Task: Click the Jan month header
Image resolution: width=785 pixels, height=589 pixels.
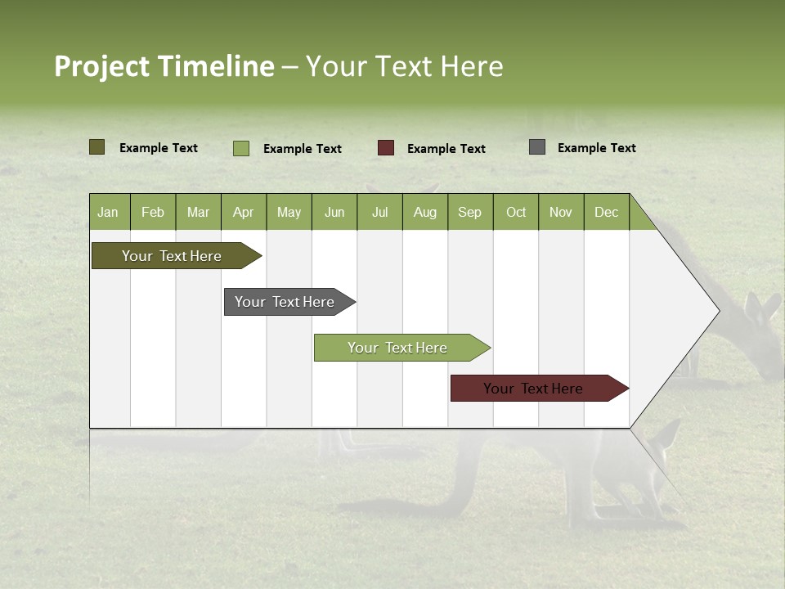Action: [x=108, y=212]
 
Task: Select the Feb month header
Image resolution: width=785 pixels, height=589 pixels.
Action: [x=153, y=212]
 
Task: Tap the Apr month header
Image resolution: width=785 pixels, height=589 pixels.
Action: [x=244, y=212]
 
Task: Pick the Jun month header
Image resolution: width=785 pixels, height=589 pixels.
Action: [x=334, y=212]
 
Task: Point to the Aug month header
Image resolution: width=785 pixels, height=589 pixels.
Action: [x=425, y=212]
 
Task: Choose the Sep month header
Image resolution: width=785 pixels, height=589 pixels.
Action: [x=470, y=212]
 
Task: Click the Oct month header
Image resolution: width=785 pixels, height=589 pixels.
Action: [x=516, y=212]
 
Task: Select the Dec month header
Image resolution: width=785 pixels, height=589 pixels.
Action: [x=607, y=212]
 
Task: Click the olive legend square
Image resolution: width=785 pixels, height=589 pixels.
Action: [x=97, y=147]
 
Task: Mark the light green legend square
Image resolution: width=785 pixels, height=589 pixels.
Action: [x=241, y=148]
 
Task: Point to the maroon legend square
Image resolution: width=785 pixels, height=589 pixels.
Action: [x=386, y=148]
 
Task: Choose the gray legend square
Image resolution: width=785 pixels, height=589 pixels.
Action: [x=537, y=147]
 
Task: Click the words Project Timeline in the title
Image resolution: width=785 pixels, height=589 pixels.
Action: [x=164, y=66]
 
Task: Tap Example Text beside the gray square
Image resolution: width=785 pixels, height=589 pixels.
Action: [x=597, y=148]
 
